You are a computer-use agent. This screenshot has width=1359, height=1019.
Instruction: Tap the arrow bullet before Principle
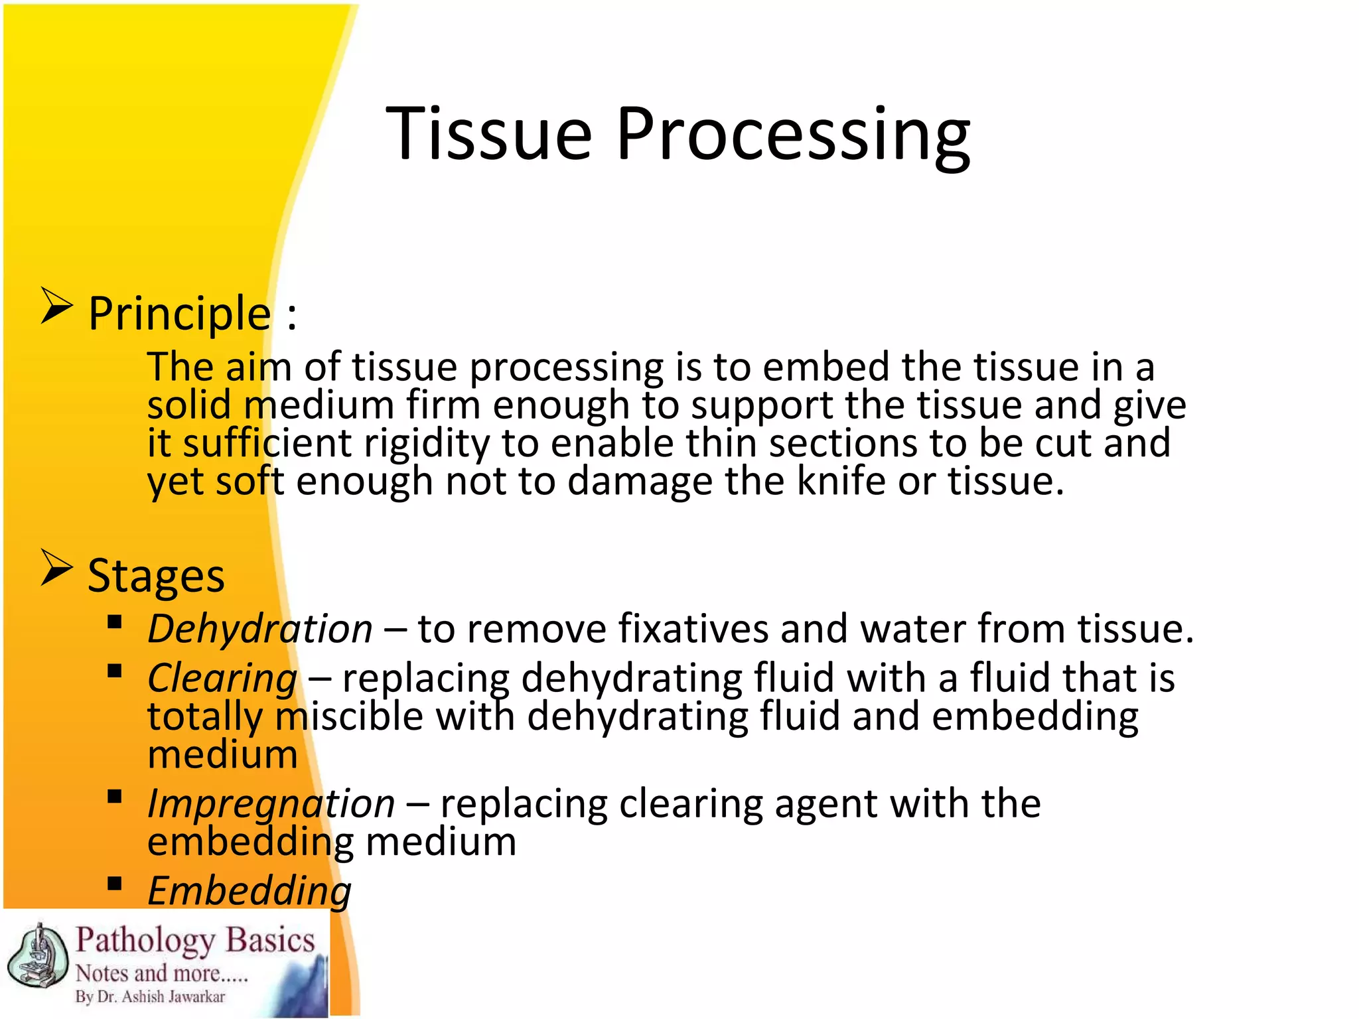56,306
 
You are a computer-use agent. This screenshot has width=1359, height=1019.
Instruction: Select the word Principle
179,314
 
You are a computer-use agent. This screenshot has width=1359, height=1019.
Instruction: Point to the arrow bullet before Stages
56,568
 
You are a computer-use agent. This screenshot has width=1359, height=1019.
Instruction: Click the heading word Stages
156,576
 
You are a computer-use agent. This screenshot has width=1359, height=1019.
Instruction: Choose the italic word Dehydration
259,629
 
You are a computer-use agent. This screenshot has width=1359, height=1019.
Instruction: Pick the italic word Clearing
222,679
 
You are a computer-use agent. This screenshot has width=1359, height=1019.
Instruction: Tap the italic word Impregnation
271,804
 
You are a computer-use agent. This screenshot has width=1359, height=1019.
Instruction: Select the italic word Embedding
250,891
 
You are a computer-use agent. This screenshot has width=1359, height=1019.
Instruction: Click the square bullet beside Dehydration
115,622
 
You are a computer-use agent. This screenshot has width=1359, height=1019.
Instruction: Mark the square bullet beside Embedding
115,884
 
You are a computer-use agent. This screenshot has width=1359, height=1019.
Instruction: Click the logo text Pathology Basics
195,941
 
